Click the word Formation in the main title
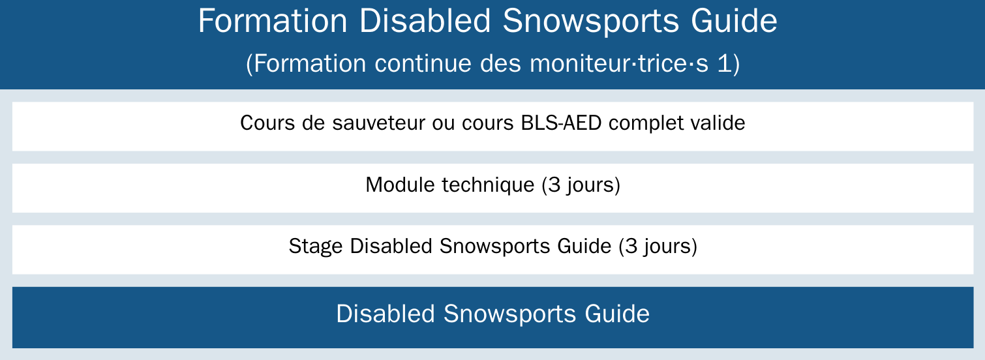[273, 21]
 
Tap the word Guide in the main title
[734, 21]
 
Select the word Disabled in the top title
[425, 21]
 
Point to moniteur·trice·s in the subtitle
[619, 63]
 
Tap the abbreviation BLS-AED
[561, 123]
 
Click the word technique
[488, 185]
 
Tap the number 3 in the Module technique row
[554, 185]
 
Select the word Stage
[316, 246]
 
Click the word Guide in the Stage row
[584, 246]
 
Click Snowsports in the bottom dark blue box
[509, 314]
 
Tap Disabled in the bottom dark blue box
[386, 314]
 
